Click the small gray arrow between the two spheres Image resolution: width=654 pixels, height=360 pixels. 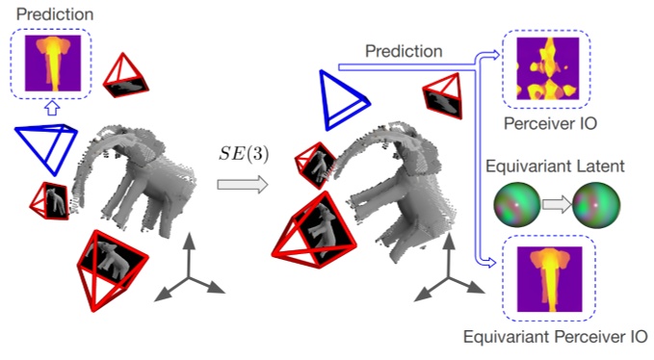pos(552,205)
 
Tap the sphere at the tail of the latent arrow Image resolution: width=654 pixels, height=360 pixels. pos(512,205)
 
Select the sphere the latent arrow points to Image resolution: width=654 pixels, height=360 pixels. pos(590,205)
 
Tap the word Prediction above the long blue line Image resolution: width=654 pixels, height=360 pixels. pos(405,50)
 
